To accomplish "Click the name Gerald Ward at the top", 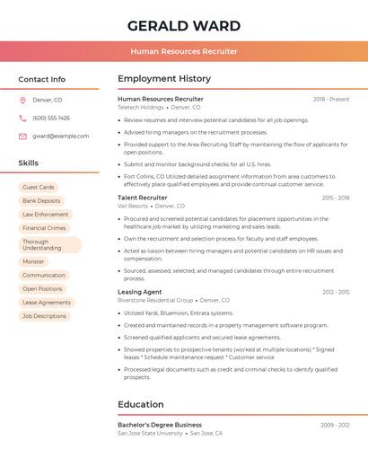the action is [184, 25].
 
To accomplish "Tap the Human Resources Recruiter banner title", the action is [184, 51].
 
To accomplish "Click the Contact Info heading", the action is [42, 79].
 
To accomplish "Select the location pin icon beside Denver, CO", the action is [22, 100].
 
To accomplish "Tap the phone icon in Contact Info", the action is [22, 118].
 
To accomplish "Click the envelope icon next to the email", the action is [22, 136].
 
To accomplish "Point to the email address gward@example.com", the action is [60, 136].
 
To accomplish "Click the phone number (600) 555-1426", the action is [51, 118].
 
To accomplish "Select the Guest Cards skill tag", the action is [39, 187].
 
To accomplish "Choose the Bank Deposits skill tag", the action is [41, 200].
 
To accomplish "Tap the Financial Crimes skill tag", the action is [44, 228].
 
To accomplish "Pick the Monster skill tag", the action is [33, 261].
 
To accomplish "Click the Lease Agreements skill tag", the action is [47, 303].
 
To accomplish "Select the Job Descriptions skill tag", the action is [44, 316].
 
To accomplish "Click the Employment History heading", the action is [164, 79].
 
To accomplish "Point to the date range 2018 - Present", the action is [331, 99].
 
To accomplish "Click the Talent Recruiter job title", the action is [143, 198].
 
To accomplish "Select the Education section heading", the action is [141, 404].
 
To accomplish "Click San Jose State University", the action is [150, 433].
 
